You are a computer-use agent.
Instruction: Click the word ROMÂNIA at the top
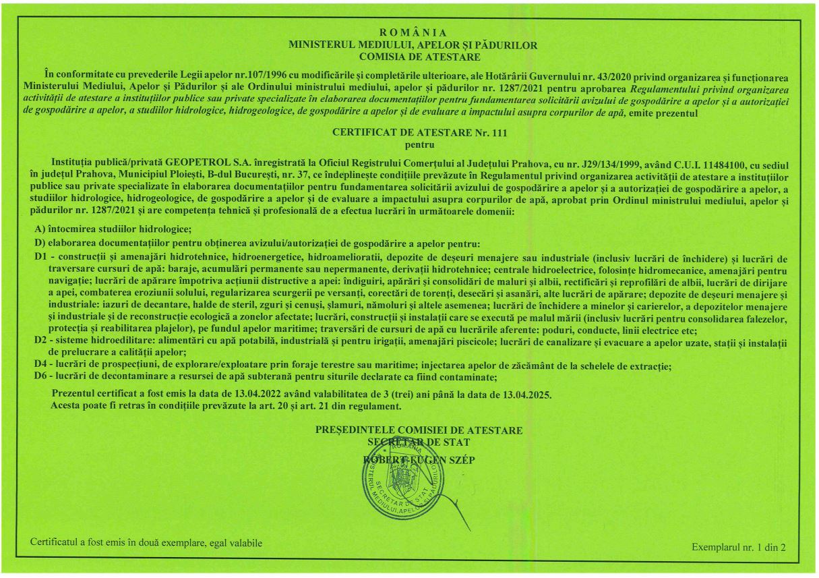pos(413,32)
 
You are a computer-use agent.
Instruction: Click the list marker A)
pos(40,230)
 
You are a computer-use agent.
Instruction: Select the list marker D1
pos(41,257)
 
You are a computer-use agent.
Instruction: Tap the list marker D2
pos(41,341)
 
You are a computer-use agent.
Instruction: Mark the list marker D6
pos(41,377)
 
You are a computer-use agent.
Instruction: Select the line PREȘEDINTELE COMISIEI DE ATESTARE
pos(419,430)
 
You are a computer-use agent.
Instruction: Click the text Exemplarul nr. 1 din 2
pos(739,547)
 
